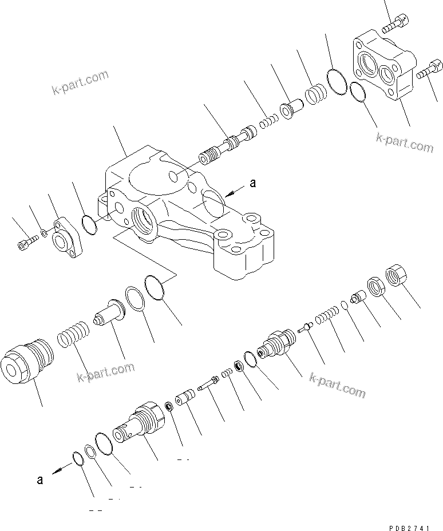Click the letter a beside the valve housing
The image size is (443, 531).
(252, 184)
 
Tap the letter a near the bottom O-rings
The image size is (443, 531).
(39, 480)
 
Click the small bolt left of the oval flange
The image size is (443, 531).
(24, 244)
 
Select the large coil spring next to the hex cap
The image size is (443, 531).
(73, 335)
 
